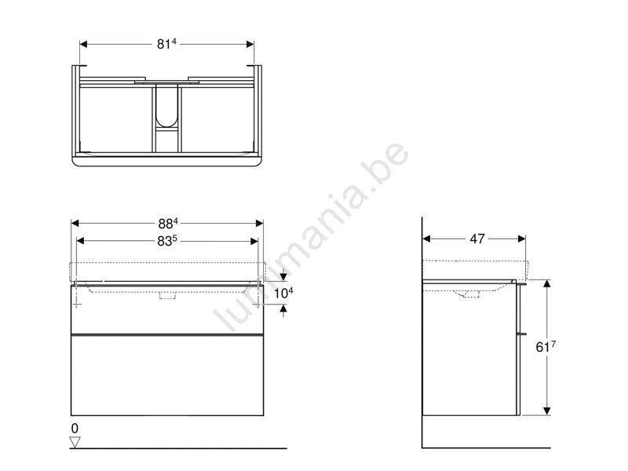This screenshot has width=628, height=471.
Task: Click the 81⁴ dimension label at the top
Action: click(166, 44)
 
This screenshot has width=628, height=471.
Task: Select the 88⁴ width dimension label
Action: click(168, 223)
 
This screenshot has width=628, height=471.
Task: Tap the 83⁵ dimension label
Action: click(167, 241)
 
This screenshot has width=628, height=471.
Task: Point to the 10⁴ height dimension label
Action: click(283, 293)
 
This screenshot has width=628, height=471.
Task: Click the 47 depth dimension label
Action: click(477, 239)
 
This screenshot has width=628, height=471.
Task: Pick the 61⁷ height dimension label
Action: click(546, 347)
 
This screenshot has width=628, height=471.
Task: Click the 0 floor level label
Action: click(75, 428)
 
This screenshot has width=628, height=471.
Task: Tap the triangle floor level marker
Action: click(75, 442)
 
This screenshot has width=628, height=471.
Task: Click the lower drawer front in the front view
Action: click(167, 375)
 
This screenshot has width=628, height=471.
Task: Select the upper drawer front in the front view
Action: click(167, 309)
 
